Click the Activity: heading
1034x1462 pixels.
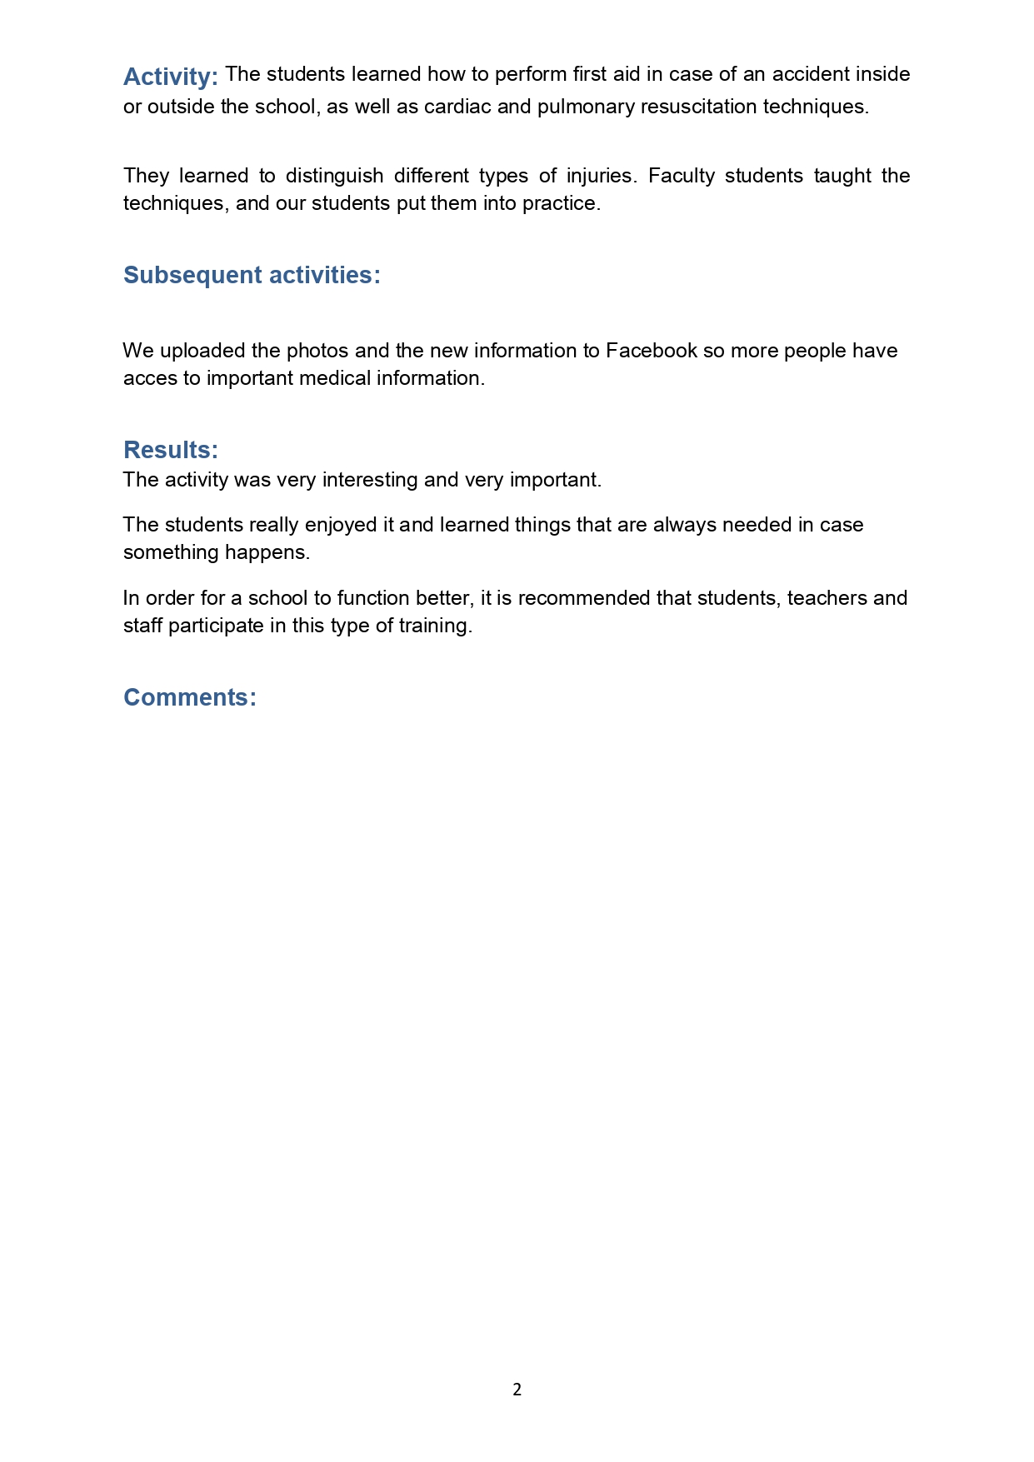pyautogui.click(x=170, y=77)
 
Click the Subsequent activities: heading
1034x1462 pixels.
pyautogui.click(x=252, y=275)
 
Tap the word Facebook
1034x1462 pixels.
pyautogui.click(x=651, y=351)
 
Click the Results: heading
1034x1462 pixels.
pyautogui.click(x=170, y=450)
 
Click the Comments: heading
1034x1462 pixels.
pyautogui.click(x=190, y=697)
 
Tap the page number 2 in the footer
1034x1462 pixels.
pyautogui.click(x=517, y=1390)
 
